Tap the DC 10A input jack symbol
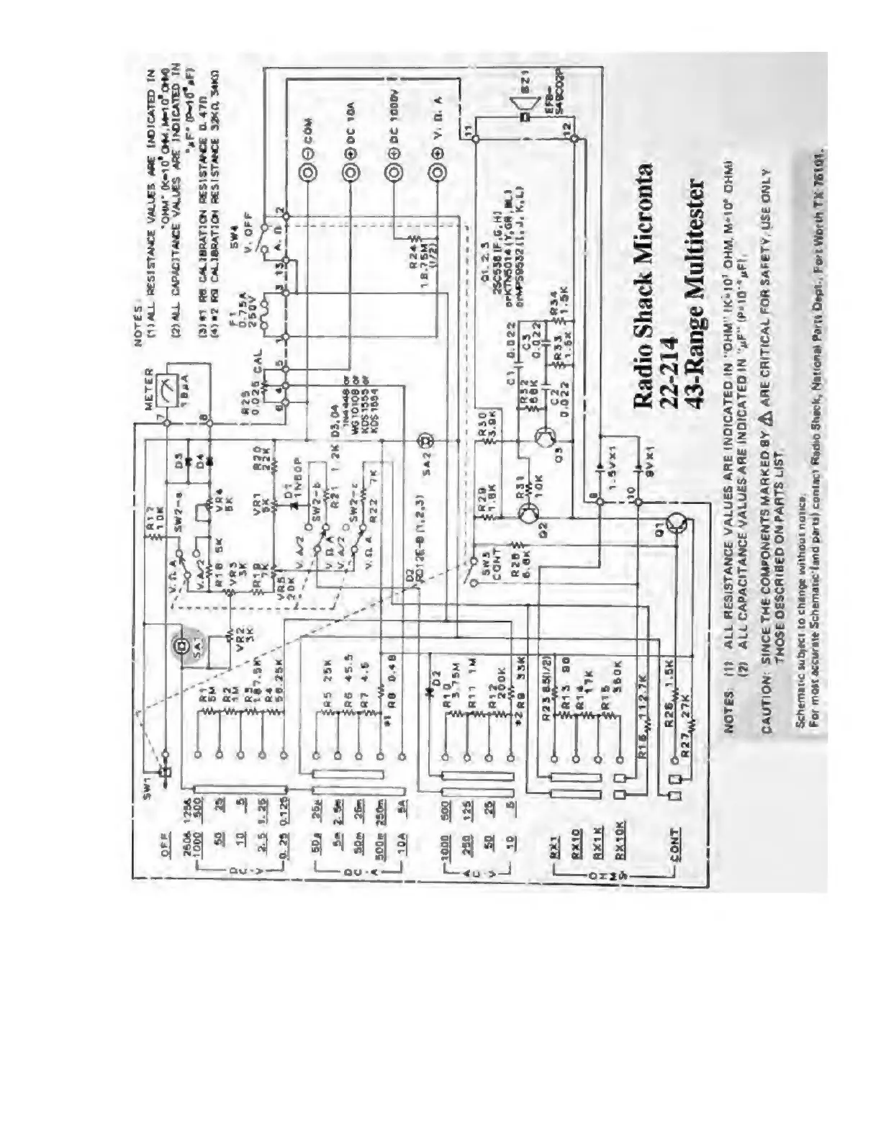click(351, 173)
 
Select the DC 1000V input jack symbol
click(393, 173)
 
